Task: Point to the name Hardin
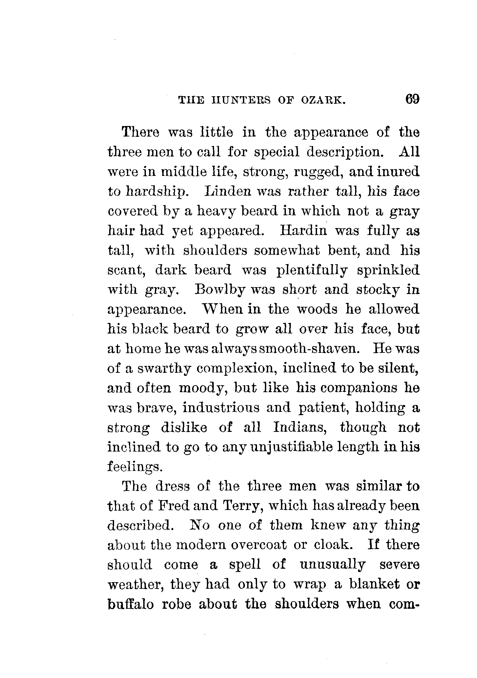pos(304,231)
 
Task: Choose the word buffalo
pos(130,604)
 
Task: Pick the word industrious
pos(221,408)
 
